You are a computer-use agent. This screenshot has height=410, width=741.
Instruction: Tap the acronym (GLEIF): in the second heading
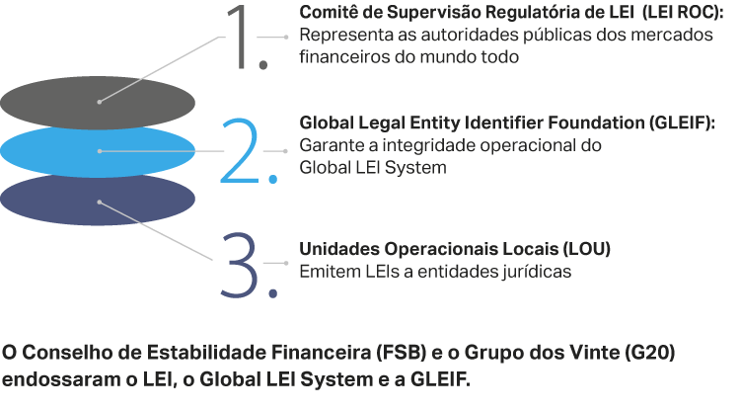[x=682, y=123]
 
